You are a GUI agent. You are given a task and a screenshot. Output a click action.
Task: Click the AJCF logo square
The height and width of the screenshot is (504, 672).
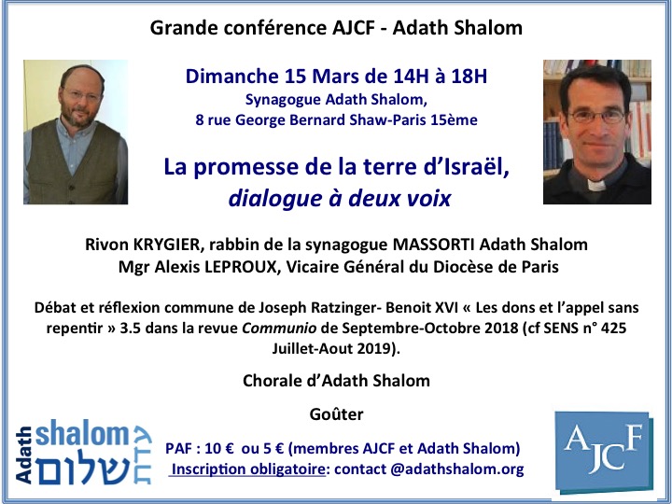tap(604, 452)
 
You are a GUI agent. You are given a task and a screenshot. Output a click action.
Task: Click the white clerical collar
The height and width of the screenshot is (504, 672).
tap(596, 186)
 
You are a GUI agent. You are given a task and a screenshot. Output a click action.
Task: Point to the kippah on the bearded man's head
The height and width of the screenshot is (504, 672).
tap(81, 69)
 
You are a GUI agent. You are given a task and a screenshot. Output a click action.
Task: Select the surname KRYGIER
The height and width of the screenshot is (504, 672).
tap(167, 245)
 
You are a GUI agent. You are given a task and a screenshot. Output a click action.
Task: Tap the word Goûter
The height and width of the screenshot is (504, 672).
tap(336, 414)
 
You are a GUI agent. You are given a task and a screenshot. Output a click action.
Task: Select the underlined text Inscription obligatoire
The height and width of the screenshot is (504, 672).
tap(247, 469)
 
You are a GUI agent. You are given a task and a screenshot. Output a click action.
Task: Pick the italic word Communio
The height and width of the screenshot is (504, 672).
tap(279, 329)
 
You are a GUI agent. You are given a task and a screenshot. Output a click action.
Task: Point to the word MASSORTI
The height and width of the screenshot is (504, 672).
tap(434, 245)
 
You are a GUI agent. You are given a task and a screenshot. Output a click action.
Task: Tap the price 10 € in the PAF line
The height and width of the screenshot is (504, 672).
tap(219, 449)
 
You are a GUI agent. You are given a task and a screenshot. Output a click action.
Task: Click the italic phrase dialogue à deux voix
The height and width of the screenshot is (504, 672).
tap(340, 199)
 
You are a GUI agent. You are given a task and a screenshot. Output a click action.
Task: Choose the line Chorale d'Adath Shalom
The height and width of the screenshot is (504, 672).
tap(336, 381)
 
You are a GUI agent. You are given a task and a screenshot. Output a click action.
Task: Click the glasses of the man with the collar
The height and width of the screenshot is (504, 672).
tap(596, 116)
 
